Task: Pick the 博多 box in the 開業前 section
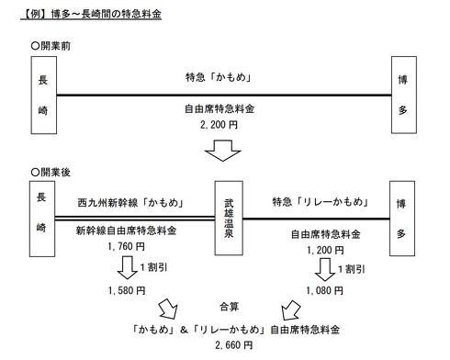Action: (x=404, y=94)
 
